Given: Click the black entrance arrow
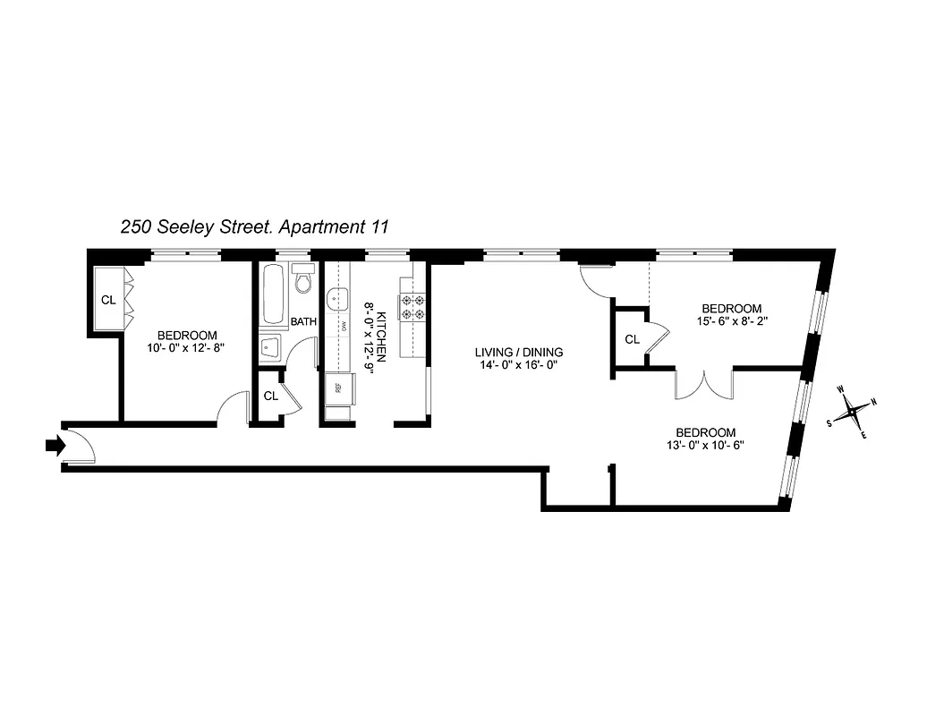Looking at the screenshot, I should click(x=53, y=443).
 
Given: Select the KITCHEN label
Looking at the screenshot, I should click(x=381, y=337).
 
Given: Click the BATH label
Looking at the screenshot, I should click(x=303, y=322).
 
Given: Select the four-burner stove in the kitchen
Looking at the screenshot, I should click(x=413, y=307).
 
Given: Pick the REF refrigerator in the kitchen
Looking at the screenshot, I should click(x=338, y=388).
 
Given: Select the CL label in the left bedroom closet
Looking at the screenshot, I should click(x=107, y=300).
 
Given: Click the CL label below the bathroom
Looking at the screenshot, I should click(x=268, y=396).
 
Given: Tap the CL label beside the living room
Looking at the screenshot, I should click(x=632, y=339).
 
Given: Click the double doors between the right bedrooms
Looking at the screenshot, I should click(x=704, y=385).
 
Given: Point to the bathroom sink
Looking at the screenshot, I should click(x=271, y=347).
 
